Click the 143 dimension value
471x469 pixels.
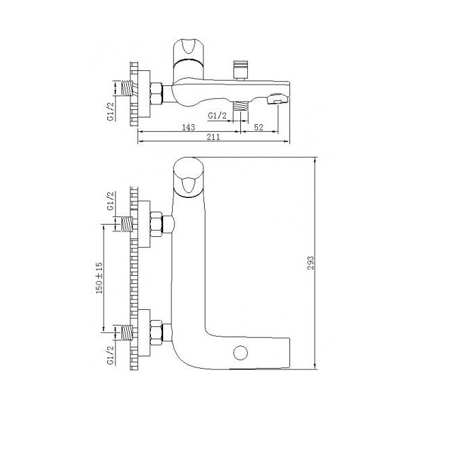tap(188, 127)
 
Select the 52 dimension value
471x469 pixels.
tap(258, 127)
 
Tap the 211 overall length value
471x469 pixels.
tap(213, 137)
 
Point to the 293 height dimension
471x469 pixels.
tap(311, 263)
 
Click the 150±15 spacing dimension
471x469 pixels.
tap(99, 278)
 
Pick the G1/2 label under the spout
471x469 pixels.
tap(217, 115)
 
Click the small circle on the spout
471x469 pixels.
tap(240, 353)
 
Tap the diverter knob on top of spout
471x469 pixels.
tap(240, 70)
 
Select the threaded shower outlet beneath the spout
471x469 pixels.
tap(240, 106)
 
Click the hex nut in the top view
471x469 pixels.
tap(156, 94)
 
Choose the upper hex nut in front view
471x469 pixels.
tap(156, 225)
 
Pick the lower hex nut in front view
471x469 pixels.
tap(156, 332)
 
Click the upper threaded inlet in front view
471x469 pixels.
tap(127, 225)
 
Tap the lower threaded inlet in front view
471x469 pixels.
tap(127, 332)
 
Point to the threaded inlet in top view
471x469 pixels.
tap(127, 89)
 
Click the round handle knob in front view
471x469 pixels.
tap(189, 177)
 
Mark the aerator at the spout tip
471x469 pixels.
tap(277, 100)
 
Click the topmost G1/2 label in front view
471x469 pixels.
tap(111, 201)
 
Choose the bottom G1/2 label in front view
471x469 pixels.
tap(111, 355)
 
